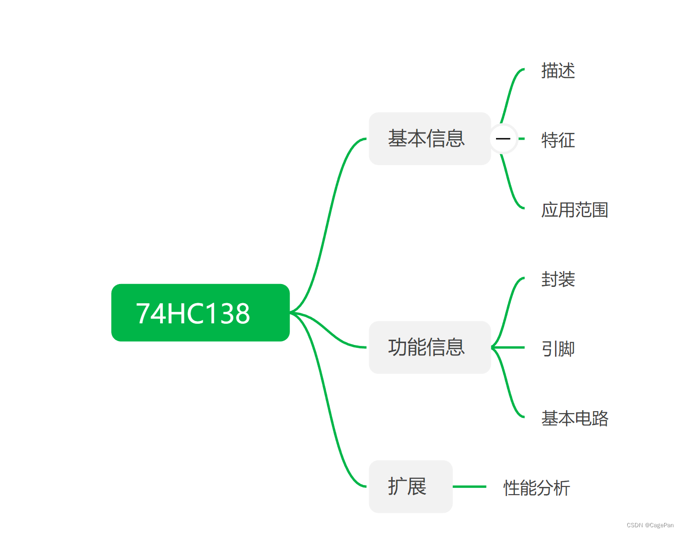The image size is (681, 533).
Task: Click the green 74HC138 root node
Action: [x=200, y=313]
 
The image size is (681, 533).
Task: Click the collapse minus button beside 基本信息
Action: [x=503, y=139]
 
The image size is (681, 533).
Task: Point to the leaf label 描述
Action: [x=558, y=71]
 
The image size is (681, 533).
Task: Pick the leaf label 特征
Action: [x=558, y=140]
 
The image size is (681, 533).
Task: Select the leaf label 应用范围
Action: [x=575, y=210]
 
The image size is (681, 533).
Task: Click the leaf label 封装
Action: [x=558, y=279]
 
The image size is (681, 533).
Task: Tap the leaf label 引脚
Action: [x=558, y=349]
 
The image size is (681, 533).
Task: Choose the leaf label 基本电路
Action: [x=575, y=418]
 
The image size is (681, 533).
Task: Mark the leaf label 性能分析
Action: [x=537, y=488]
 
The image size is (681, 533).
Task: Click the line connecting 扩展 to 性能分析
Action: [x=469, y=486]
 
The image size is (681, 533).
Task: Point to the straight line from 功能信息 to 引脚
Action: [x=511, y=347]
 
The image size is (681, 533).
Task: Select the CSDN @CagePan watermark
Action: [x=650, y=525]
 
